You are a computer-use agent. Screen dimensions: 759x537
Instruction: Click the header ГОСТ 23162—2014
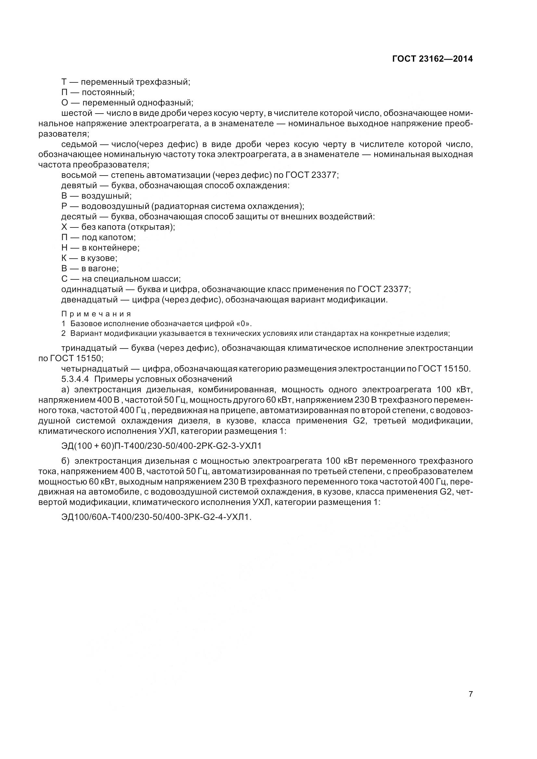click(x=432, y=59)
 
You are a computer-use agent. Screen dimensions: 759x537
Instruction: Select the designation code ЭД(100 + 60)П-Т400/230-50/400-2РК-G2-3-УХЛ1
click(x=161, y=446)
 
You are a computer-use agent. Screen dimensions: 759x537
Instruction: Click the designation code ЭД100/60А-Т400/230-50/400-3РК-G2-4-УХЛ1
click(x=156, y=517)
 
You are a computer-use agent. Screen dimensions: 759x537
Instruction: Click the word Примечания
click(x=96, y=314)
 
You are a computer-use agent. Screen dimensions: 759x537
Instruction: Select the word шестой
click(x=76, y=113)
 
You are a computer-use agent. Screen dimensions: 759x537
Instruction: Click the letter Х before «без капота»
click(x=64, y=227)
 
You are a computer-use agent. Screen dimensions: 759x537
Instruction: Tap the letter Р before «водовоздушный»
click(x=64, y=206)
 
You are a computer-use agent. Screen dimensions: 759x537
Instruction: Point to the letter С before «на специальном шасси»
click(x=65, y=279)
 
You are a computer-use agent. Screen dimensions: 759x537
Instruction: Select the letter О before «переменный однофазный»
click(x=65, y=103)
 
